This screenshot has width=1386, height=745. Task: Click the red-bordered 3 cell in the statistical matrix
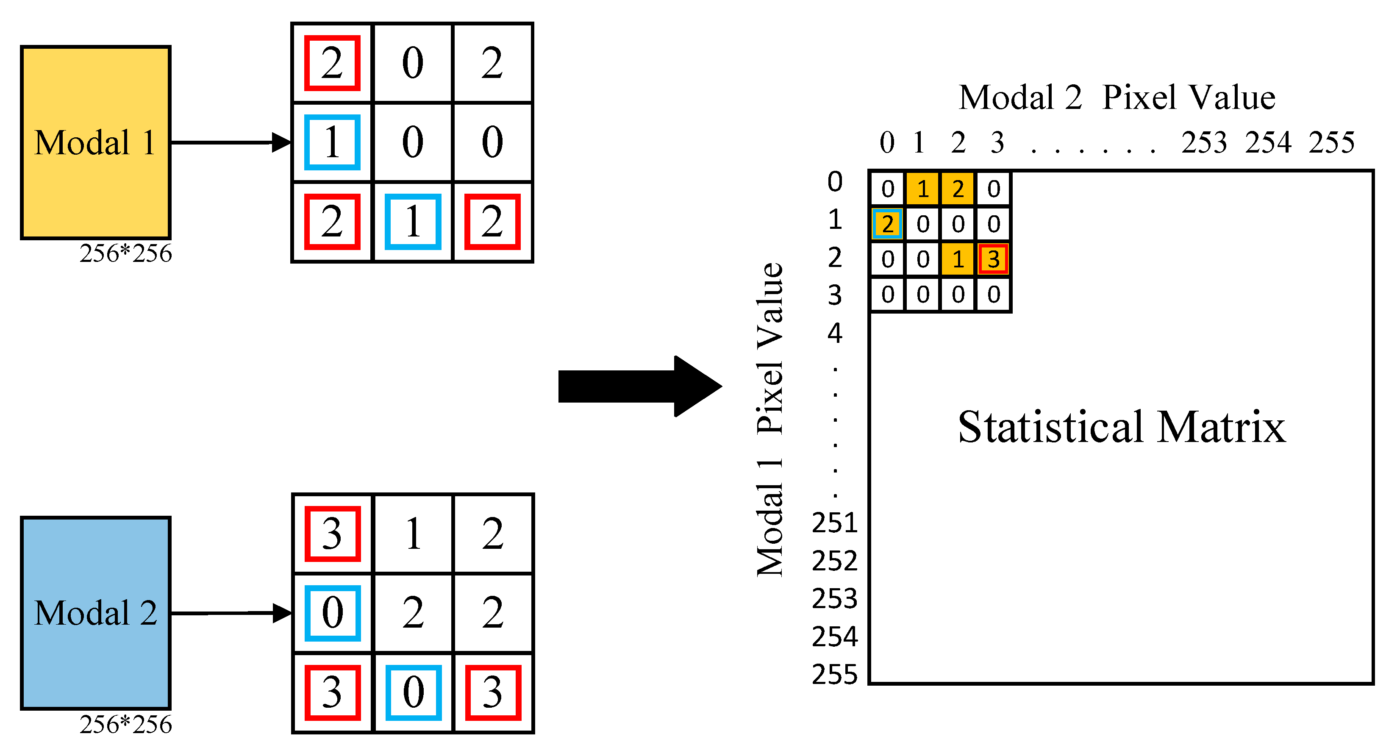(x=993, y=259)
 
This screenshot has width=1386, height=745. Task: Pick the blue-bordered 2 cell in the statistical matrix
(x=887, y=224)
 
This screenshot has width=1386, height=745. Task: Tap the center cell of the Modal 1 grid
(x=413, y=142)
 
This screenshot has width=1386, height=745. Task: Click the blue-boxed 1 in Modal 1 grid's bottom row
(x=413, y=221)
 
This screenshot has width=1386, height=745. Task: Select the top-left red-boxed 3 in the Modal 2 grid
(x=332, y=534)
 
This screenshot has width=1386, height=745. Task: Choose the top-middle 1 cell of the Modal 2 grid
(x=413, y=534)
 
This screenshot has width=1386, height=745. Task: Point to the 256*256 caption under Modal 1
(x=125, y=253)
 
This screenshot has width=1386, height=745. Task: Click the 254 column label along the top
(x=1268, y=143)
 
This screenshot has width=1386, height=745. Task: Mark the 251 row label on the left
(x=834, y=523)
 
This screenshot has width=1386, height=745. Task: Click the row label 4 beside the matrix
(x=834, y=333)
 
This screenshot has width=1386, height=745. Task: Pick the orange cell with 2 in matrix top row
(x=958, y=189)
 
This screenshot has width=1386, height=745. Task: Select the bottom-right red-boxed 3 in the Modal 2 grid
(x=492, y=692)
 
